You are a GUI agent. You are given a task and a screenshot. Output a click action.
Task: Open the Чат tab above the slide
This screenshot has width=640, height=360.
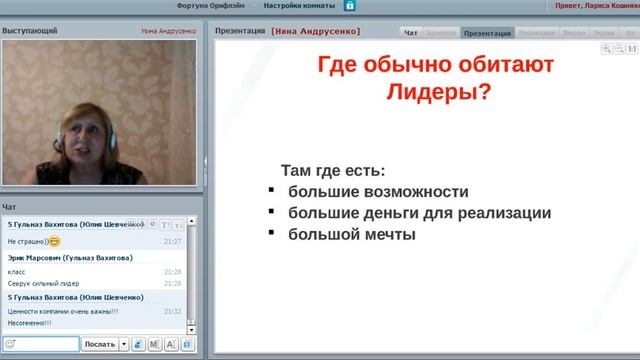point(410,33)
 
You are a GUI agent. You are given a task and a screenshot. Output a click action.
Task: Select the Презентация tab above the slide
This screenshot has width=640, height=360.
point(488,33)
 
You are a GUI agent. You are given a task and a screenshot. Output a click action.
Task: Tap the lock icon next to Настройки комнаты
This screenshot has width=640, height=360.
point(349,5)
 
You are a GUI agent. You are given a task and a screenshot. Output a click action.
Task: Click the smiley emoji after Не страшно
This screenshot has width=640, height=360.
point(54,241)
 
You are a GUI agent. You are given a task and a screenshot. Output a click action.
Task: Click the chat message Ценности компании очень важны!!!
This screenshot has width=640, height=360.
point(62,311)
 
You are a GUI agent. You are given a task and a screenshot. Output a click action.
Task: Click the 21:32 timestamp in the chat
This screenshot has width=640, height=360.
point(172,311)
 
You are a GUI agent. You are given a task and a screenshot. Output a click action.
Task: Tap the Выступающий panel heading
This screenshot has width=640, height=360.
point(29,32)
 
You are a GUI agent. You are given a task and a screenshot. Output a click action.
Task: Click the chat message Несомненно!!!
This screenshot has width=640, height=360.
point(29,323)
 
